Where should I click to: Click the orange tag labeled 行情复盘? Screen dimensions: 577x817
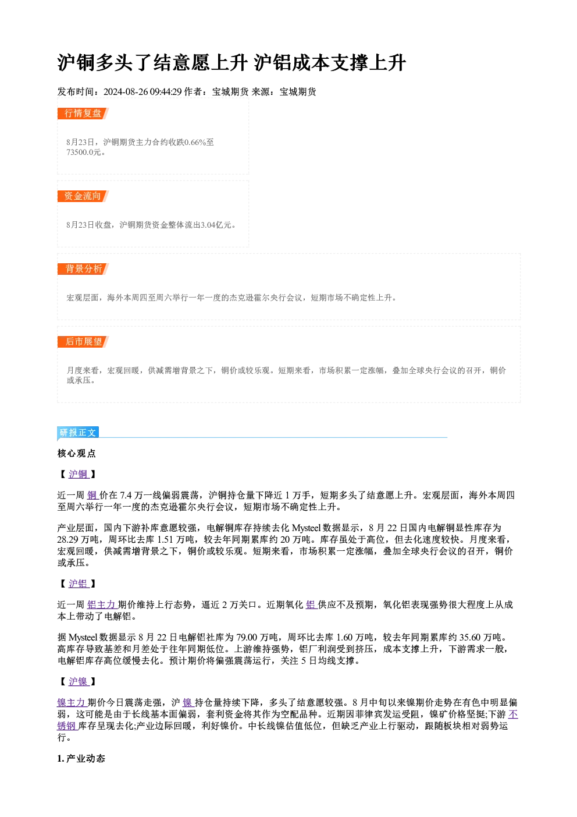point(83,114)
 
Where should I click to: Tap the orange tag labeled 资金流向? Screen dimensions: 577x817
point(83,196)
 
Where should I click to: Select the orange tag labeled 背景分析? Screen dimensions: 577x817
point(83,269)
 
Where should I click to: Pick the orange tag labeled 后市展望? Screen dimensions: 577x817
point(83,342)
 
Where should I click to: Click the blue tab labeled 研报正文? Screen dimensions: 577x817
point(78,433)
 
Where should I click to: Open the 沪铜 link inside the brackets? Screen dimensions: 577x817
point(79,474)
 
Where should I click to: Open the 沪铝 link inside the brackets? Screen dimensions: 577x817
point(79,583)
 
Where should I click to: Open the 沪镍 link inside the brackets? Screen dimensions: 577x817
point(79,681)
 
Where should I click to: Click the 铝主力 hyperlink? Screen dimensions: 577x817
point(102,604)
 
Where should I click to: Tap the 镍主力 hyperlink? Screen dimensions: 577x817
point(72,702)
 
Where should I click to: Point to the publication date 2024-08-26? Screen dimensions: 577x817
point(126,91)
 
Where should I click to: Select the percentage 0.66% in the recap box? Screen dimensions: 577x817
point(195,142)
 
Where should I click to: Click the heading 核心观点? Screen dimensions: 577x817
point(77,454)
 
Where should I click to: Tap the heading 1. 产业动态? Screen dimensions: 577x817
point(81,759)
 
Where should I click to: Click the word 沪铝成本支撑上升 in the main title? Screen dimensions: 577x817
point(330,63)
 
